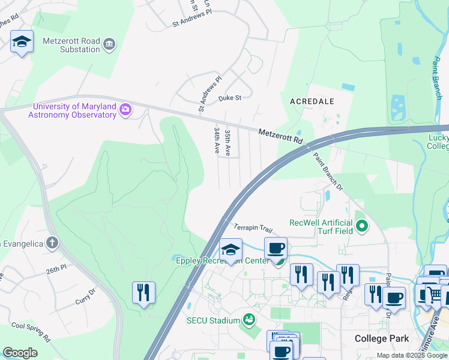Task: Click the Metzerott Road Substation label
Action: pos(71,45)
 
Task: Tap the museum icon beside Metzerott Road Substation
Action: pos(109,44)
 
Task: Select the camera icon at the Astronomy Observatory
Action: pos(125,110)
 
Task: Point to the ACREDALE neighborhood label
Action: pos(312,101)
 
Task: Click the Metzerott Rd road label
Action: pos(281,136)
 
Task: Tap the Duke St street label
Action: pos(229,97)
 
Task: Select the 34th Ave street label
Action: pos(217,140)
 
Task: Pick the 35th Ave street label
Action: pos(228,142)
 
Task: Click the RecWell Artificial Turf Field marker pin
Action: pos(361,227)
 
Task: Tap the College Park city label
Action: pos(382,338)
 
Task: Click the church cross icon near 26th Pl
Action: pos(53,243)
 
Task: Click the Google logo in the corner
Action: pos(20,353)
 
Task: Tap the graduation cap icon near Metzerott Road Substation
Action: pos(22,41)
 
